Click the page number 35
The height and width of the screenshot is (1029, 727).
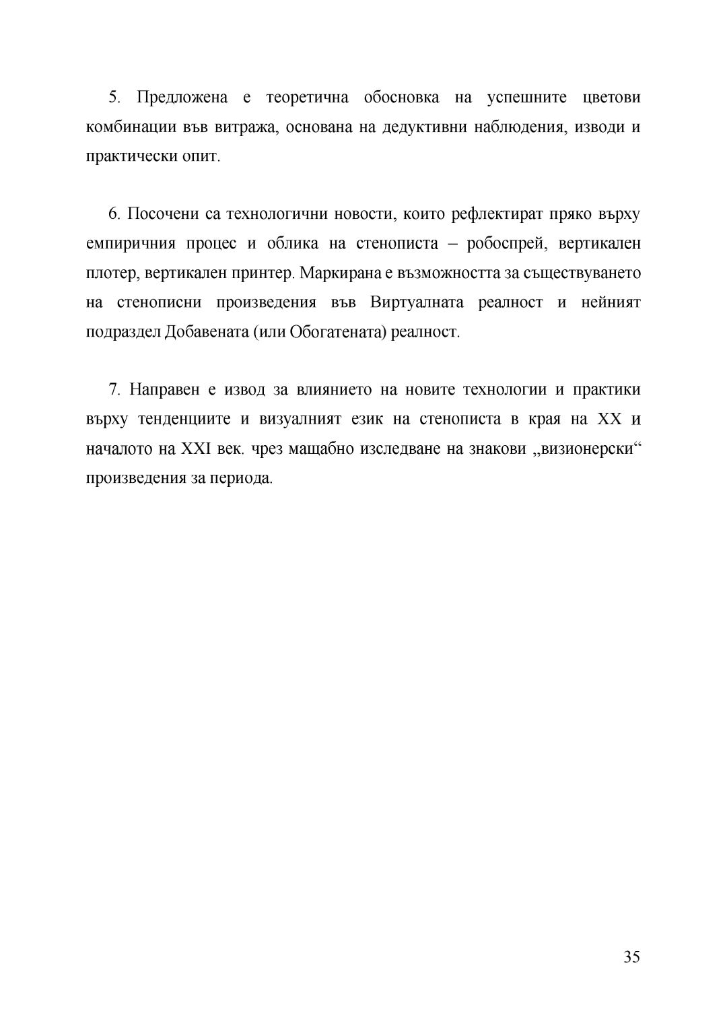(x=631, y=957)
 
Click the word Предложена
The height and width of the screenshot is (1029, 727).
(x=182, y=98)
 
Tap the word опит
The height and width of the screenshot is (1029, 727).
(x=205, y=157)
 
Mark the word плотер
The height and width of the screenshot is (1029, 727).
(x=110, y=273)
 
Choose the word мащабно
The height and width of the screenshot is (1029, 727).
(x=321, y=449)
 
